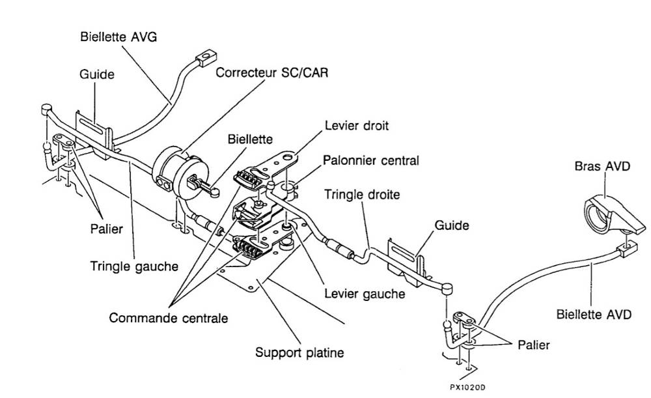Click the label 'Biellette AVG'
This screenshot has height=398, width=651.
(118, 36)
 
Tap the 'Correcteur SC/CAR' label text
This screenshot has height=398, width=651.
(272, 72)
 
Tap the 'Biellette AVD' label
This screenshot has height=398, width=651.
(594, 315)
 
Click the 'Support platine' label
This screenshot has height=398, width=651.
(299, 353)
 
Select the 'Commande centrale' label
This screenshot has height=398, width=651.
(169, 319)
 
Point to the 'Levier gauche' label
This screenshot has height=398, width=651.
(365, 294)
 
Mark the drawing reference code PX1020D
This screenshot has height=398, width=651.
(467, 387)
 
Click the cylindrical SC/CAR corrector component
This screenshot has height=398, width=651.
(173, 168)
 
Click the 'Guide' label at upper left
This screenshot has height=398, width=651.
(97, 74)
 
